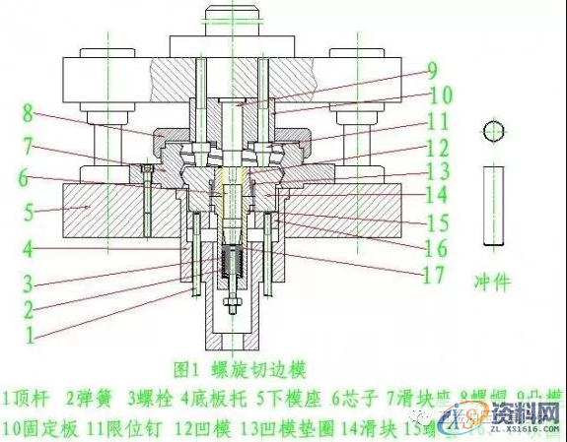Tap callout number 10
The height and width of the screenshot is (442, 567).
pyautogui.click(x=439, y=95)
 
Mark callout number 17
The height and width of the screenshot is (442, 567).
pyautogui.click(x=433, y=275)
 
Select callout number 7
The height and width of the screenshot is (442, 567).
pyautogui.click(x=29, y=146)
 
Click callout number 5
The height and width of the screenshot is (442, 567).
pyautogui.click(x=29, y=212)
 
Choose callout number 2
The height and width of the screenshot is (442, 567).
pyautogui.click(x=29, y=308)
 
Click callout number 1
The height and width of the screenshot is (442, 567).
pyautogui.click(x=29, y=334)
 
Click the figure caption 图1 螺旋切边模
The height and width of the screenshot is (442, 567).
pyautogui.click(x=241, y=370)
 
